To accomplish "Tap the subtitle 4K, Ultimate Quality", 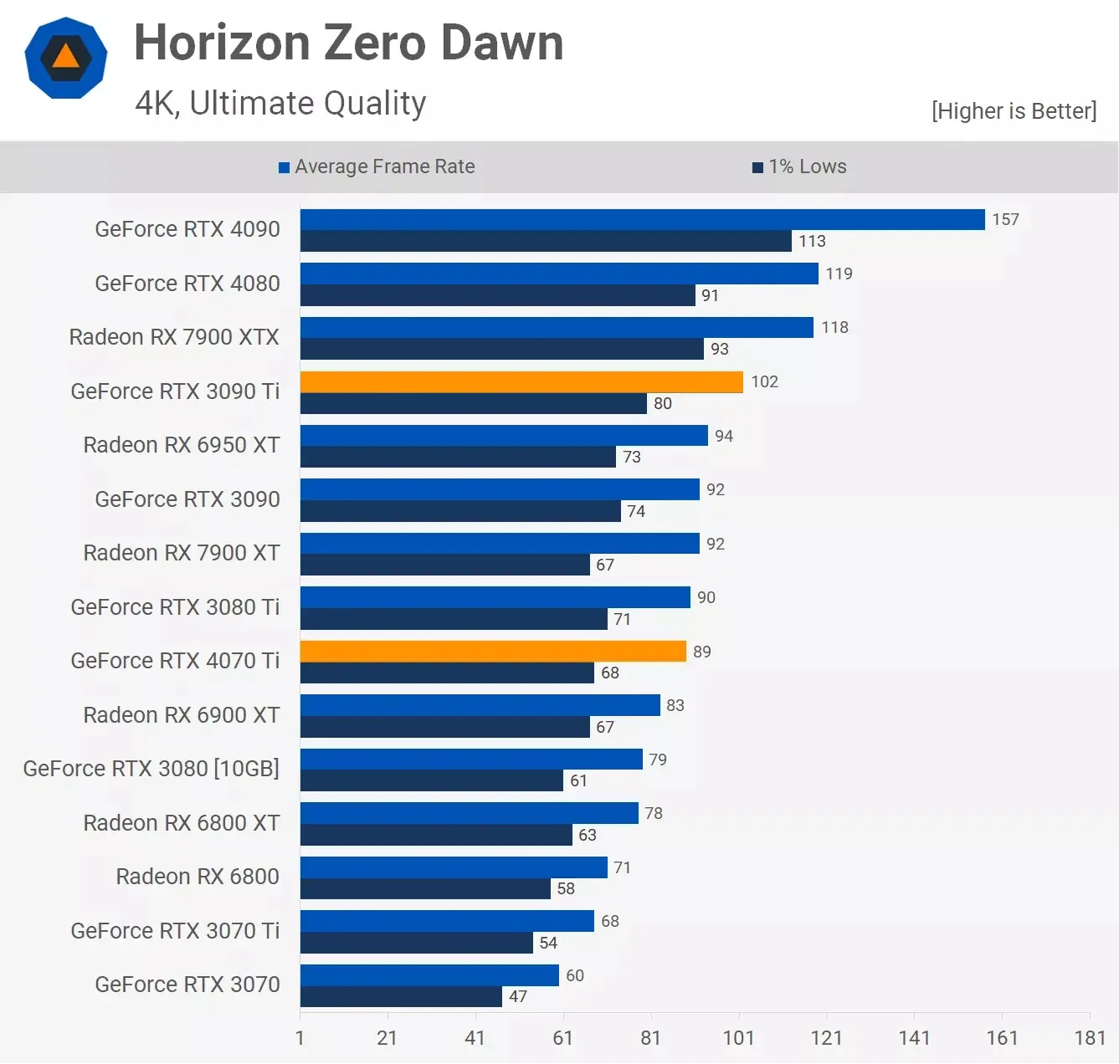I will coord(280,103).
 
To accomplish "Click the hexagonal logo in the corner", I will coord(66,58).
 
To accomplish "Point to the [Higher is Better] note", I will coord(1013,111).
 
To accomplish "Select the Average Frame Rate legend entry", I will coord(377,166).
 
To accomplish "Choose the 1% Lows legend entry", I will coord(799,166).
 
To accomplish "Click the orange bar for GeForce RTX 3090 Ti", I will coord(521,382).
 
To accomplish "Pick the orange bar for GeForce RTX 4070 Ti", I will coord(492,652).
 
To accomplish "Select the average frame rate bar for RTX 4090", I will coord(642,220).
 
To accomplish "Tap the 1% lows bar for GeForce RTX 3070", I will coord(401,997).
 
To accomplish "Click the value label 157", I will coord(1005,220).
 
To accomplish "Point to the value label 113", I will coord(812,242).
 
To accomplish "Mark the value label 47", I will coord(518,997).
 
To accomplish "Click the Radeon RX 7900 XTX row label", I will coord(174,337).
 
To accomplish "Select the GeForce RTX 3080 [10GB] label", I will coord(151,769).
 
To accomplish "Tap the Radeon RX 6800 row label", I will coord(198,877).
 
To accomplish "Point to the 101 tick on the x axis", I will coord(738,1038).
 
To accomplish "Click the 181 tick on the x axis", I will coord(1089,1038).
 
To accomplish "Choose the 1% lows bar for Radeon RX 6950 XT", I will coord(458,458).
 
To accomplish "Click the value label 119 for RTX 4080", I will coord(839,274).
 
